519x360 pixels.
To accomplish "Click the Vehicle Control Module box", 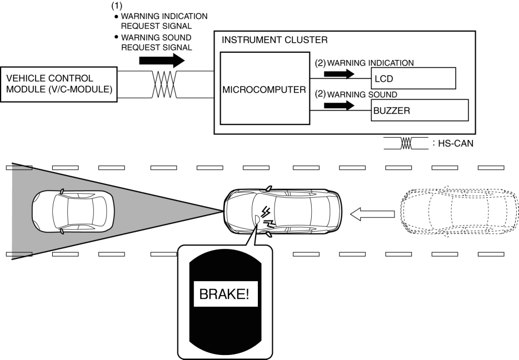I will coord(59,84).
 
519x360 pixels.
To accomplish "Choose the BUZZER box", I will coord(420,110).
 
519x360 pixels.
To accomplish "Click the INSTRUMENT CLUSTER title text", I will coord(275,40).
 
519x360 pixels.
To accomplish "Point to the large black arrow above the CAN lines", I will coord(162,60).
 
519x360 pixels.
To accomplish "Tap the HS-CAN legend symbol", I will coord(406,143).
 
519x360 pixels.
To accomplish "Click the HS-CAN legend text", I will coord(452,143).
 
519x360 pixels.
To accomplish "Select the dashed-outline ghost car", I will coord(459,213).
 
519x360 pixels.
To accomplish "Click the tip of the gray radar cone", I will coord(222,211).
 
